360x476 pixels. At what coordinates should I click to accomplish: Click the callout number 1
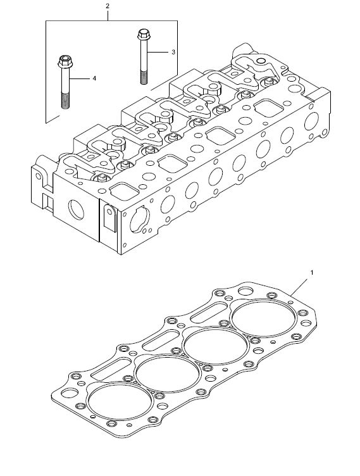coord(312,273)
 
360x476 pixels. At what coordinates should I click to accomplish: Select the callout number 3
coord(173,52)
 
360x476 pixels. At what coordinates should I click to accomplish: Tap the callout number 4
coord(94,78)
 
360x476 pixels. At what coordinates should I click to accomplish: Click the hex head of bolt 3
coord(142,34)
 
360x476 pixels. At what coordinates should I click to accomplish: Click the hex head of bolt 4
coord(64,61)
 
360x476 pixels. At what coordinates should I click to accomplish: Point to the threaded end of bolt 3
coord(144,77)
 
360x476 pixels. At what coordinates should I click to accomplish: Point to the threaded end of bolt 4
coord(65,101)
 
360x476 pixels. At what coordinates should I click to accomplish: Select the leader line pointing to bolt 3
coord(158,52)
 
